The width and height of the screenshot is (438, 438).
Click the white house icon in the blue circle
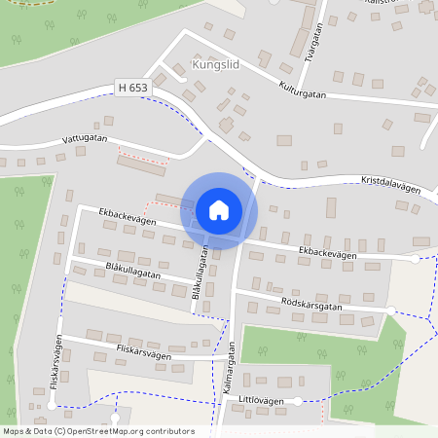(219, 210)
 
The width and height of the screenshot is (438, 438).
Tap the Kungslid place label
(215, 67)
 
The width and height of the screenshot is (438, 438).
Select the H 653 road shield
(132, 88)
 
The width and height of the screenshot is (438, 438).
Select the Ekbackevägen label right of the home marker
(328, 252)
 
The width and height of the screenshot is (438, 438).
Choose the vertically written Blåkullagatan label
(200, 275)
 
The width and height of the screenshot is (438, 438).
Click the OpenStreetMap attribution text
(98, 431)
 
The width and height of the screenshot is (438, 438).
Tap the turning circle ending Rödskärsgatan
(391, 310)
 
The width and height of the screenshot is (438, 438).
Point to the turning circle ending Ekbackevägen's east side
(416, 259)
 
